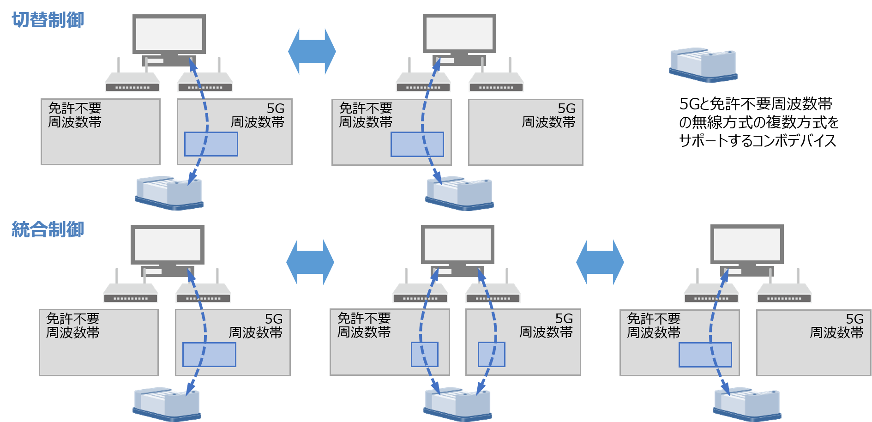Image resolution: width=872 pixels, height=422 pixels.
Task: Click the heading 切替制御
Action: pyautogui.click(x=48, y=20)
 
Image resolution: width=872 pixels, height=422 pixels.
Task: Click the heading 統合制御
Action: pyautogui.click(x=48, y=229)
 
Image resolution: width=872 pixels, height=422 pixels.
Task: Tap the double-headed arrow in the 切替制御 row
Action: pyautogui.click(x=312, y=51)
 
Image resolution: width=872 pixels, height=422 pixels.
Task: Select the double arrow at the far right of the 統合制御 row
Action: pyautogui.click(x=600, y=262)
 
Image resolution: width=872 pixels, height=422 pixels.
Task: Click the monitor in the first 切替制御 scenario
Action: pyautogui.click(x=169, y=34)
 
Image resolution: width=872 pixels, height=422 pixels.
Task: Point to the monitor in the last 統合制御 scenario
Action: pyautogui.click(x=746, y=245)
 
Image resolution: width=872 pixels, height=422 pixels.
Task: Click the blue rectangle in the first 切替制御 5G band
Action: pyautogui.click(x=211, y=144)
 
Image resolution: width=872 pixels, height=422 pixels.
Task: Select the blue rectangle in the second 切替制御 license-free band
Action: pyautogui.click(x=417, y=144)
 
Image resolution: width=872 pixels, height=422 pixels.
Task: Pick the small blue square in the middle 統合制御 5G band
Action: pyautogui.click(x=491, y=354)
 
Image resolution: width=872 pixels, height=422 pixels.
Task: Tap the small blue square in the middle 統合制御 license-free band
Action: pyautogui.click(x=424, y=354)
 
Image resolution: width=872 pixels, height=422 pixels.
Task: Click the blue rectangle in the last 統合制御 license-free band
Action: pyautogui.click(x=705, y=355)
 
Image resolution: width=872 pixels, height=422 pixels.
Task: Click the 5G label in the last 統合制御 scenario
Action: pyautogui.click(x=854, y=319)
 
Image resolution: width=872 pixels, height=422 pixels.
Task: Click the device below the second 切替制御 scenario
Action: pyautogui.click(x=459, y=193)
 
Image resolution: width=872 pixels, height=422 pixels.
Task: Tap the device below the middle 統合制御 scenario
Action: pyautogui.click(x=457, y=404)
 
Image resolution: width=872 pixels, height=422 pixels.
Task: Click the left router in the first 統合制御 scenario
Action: pyautogui.click(x=131, y=292)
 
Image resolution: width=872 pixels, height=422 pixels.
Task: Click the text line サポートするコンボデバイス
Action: pyautogui.click(x=757, y=140)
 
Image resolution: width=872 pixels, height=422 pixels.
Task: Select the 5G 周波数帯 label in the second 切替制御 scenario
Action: pyautogui.click(x=548, y=115)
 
